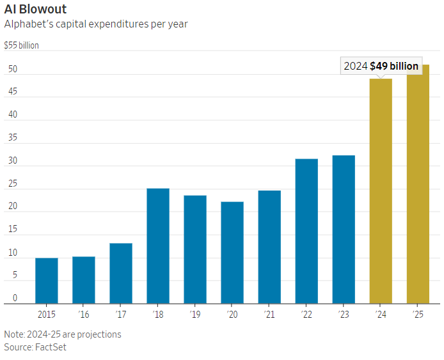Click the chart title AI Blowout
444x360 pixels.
pyautogui.click(x=35, y=10)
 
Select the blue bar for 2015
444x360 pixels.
pyautogui.click(x=47, y=281)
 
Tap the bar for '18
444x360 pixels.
pyautogui.click(x=158, y=246)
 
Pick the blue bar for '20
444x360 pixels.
pyautogui.click(x=232, y=253)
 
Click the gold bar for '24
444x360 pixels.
pyautogui.click(x=381, y=192)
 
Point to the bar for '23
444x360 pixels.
pyautogui.click(x=344, y=230)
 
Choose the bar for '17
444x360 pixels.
pyautogui.click(x=121, y=273)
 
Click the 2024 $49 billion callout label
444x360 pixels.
pyautogui.click(x=381, y=66)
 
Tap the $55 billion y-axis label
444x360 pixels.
pyautogui.click(x=22, y=46)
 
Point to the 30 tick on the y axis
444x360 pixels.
pyautogui.click(x=12, y=160)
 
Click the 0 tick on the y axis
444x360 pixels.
pyautogui.click(x=15, y=298)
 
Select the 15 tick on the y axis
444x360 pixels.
pyautogui.click(x=12, y=230)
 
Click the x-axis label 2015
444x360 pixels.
pyautogui.click(x=47, y=315)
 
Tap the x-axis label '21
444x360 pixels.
pyautogui.click(x=269, y=315)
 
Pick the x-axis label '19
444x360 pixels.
pyautogui.click(x=195, y=315)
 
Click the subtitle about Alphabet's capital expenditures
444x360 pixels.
pyautogui.click(x=96, y=24)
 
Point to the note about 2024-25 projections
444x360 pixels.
pyautogui.click(x=63, y=334)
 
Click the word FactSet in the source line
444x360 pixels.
pyautogui.click(x=51, y=347)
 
